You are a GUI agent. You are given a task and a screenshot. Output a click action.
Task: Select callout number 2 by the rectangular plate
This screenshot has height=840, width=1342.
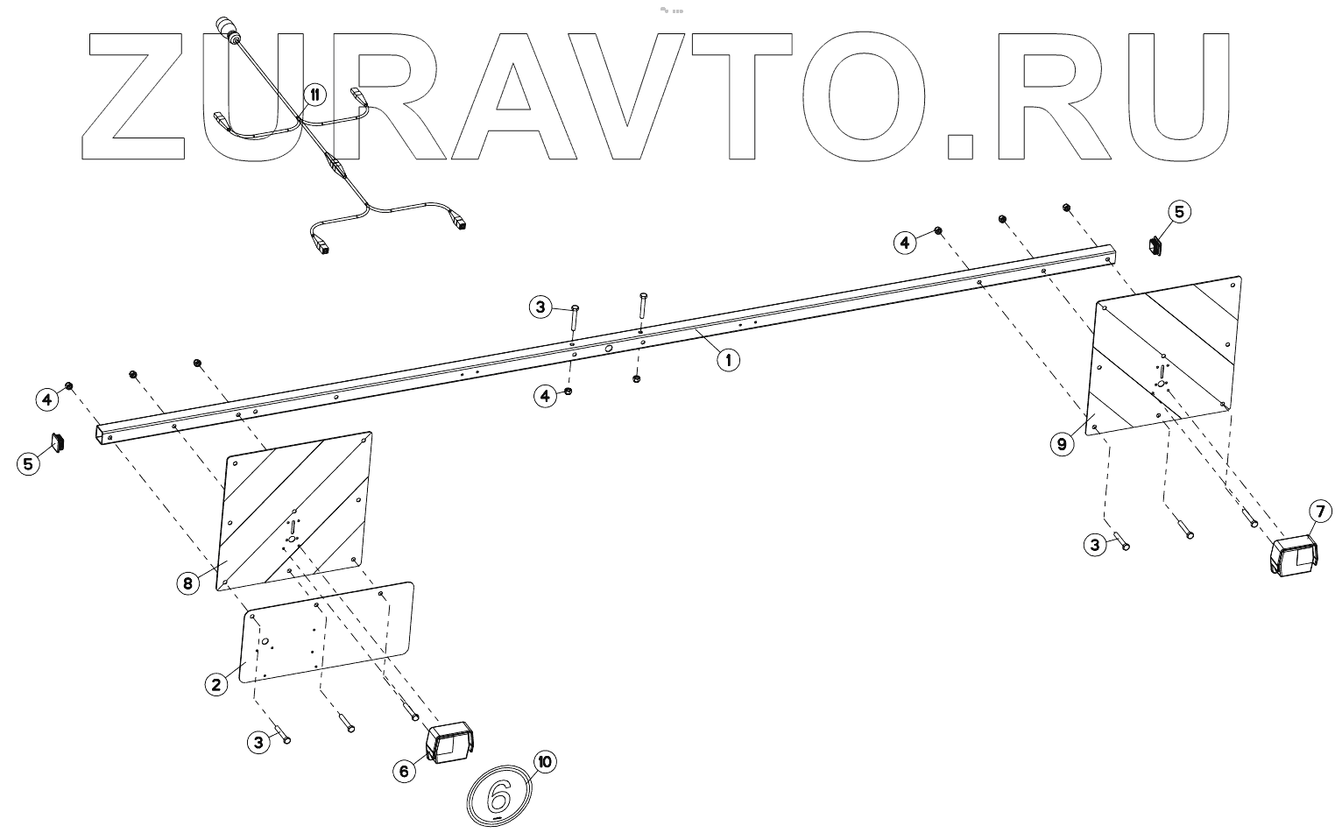tap(216, 684)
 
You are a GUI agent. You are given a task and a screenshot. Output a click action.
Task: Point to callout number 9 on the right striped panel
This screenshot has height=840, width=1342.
tap(1062, 444)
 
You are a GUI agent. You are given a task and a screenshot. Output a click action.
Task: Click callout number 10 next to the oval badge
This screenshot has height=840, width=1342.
tap(545, 762)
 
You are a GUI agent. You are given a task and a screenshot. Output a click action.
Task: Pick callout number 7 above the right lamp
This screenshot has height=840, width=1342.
tap(1320, 510)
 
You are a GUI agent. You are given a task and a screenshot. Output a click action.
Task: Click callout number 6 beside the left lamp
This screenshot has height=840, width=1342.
tap(404, 771)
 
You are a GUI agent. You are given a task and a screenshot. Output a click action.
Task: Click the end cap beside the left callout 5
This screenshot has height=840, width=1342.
tap(60, 441)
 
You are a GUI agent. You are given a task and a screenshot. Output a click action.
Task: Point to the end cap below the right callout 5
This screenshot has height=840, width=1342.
tap(1157, 245)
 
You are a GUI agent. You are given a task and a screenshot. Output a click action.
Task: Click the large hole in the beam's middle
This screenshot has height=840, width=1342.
tap(606, 349)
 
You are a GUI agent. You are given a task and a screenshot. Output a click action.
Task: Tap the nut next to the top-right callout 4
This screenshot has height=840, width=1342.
tap(938, 230)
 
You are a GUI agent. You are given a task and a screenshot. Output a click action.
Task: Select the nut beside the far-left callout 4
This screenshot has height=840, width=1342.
tap(68, 386)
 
